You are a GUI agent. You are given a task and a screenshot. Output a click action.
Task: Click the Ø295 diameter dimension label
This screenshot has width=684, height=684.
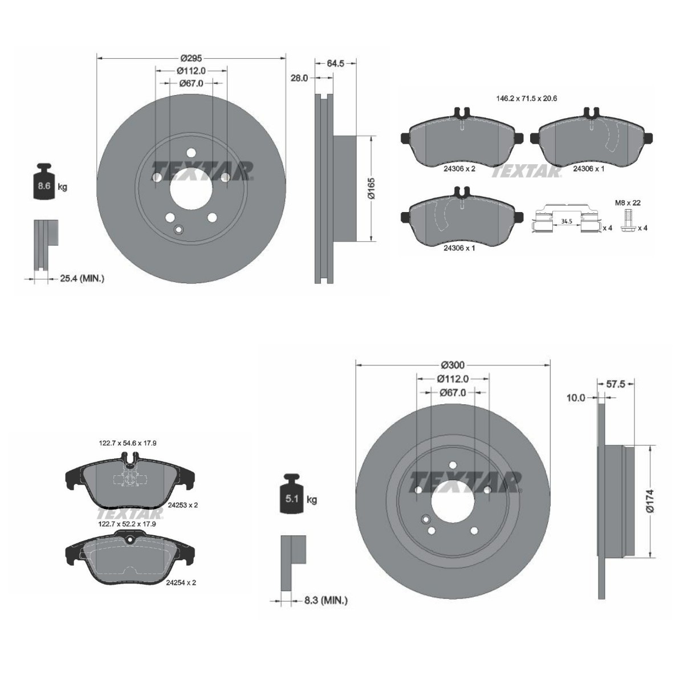pos(191,59)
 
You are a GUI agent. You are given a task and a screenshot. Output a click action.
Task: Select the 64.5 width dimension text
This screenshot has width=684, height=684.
pos(335,63)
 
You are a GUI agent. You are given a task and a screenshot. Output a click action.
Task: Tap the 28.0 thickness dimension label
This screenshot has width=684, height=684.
pos(299,78)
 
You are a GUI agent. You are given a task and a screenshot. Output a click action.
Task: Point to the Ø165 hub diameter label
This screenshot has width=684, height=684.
pos(372,188)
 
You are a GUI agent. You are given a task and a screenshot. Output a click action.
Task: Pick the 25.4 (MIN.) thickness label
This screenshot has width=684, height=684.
pos(82,279)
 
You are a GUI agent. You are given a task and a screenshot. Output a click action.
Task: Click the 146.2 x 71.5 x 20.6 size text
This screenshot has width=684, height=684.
pos(527,98)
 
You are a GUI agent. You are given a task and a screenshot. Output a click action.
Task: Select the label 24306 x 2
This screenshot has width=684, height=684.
pos(459,169)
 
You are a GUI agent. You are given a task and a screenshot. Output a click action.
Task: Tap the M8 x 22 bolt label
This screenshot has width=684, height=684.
pos(628,203)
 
